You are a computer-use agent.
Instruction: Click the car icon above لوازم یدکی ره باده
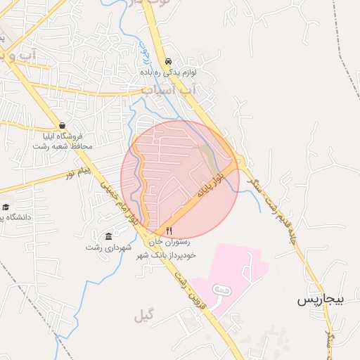(168, 61)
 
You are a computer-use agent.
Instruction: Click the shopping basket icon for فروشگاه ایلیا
(63, 125)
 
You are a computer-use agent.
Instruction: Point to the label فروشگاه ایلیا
(60, 136)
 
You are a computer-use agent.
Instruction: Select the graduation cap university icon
(6, 207)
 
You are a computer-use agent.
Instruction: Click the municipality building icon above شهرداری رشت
(108, 236)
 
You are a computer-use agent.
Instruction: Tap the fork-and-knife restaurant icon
(169, 231)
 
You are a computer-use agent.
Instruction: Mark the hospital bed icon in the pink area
(220, 290)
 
